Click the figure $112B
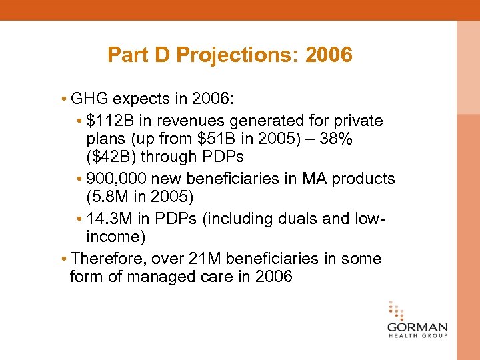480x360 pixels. coord(107,121)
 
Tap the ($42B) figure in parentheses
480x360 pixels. coord(111,157)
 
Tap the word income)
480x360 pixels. coord(117,237)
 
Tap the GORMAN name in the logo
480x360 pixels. coord(417,328)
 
